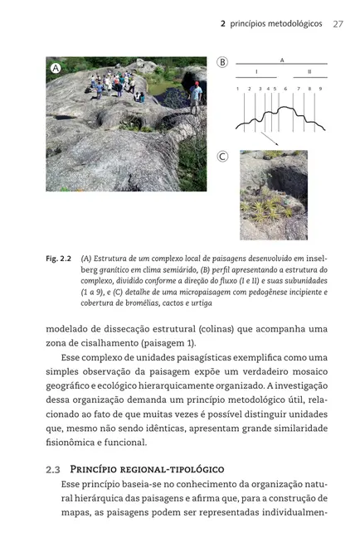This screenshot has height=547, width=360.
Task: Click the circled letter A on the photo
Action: coord(56,69)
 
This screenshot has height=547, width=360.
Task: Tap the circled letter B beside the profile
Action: coord(222,62)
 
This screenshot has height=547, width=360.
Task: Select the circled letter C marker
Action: coord(222,156)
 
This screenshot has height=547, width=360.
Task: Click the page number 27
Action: coord(338,24)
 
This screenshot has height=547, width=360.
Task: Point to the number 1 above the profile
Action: coord(237,88)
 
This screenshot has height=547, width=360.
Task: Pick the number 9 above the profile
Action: coord(320,88)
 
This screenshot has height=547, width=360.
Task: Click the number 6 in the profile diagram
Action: coord(285,88)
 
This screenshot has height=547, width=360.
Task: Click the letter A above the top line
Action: coord(281,60)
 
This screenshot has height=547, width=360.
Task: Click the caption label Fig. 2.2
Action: coord(59,259)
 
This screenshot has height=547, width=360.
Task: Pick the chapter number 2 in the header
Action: coord(222,24)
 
